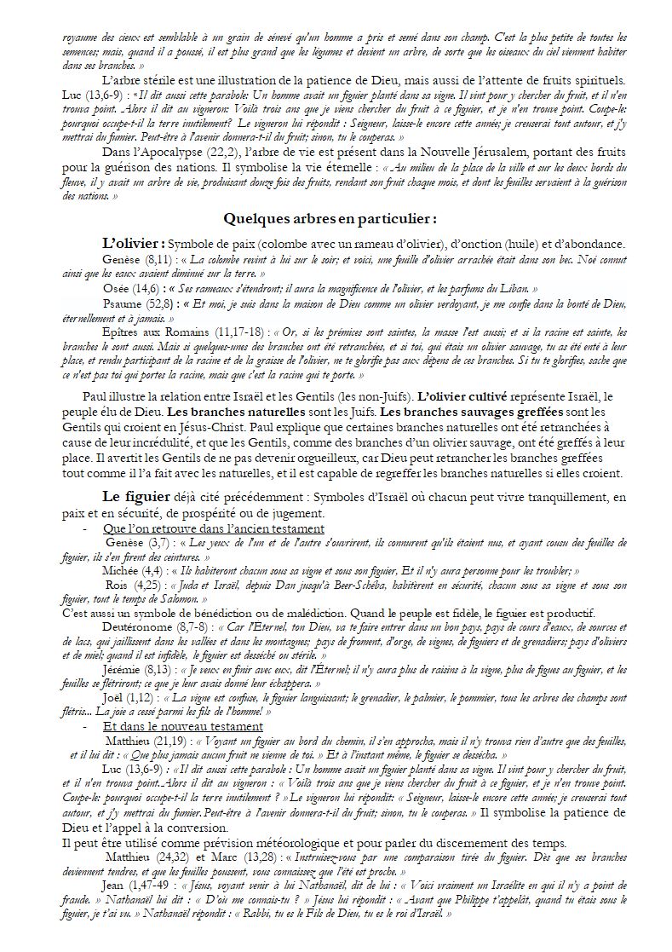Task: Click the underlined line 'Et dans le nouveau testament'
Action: [x=182, y=726]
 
